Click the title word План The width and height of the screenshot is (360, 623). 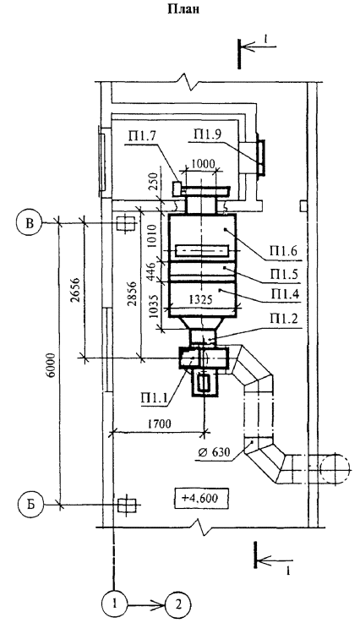coord(183,9)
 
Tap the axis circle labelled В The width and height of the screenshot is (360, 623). coord(30,223)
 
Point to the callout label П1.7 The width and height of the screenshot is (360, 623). coord(142,139)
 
